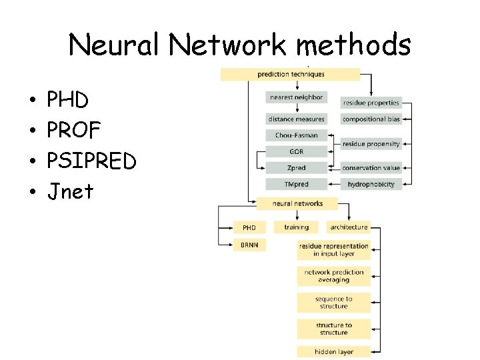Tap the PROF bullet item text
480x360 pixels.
click(x=74, y=131)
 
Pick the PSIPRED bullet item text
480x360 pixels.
click(x=92, y=161)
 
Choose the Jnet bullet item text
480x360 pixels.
click(x=71, y=192)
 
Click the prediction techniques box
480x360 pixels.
click(x=291, y=74)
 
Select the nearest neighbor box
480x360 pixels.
click(x=296, y=97)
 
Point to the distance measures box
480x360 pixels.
click(x=296, y=119)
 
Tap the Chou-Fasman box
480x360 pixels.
click(x=296, y=135)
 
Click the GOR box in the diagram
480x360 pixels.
click(x=296, y=152)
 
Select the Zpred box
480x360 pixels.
click(x=296, y=168)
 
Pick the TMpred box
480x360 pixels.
click(x=296, y=184)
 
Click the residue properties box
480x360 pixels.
click(x=371, y=103)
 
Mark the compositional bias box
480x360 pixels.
click(x=371, y=119)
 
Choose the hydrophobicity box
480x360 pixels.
click(x=371, y=184)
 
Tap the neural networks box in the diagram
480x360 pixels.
click(x=298, y=203)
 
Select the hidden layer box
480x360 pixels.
click(x=333, y=351)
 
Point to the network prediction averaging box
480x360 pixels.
click(x=333, y=276)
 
